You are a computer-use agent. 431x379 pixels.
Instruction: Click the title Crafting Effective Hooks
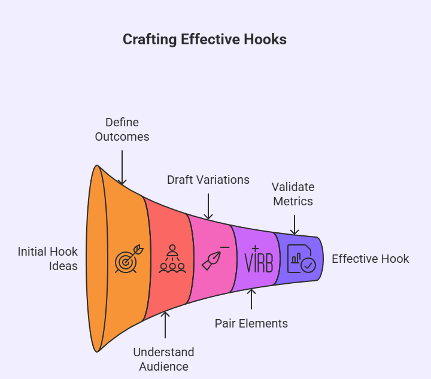[x=205, y=40]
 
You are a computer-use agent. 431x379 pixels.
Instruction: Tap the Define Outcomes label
[x=122, y=129]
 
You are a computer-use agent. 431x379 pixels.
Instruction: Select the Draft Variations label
[x=208, y=180]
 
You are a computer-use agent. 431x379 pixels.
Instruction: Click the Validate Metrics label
[x=293, y=194]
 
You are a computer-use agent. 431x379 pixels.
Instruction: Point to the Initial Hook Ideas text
[x=48, y=259]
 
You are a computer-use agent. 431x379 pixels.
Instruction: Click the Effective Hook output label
[x=371, y=259]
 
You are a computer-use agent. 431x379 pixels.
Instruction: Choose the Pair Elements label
[x=251, y=323]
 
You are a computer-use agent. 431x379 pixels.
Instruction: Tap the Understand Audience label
[x=163, y=359]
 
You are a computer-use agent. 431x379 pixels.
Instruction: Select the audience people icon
[x=172, y=259]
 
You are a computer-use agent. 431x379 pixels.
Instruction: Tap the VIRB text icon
[x=259, y=259]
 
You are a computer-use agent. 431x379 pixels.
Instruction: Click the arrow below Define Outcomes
[x=122, y=167]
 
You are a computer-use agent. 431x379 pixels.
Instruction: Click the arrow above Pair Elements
[x=251, y=299]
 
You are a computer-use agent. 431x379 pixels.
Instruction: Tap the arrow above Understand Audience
[x=165, y=326]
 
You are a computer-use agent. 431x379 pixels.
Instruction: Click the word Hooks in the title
[x=266, y=40]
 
